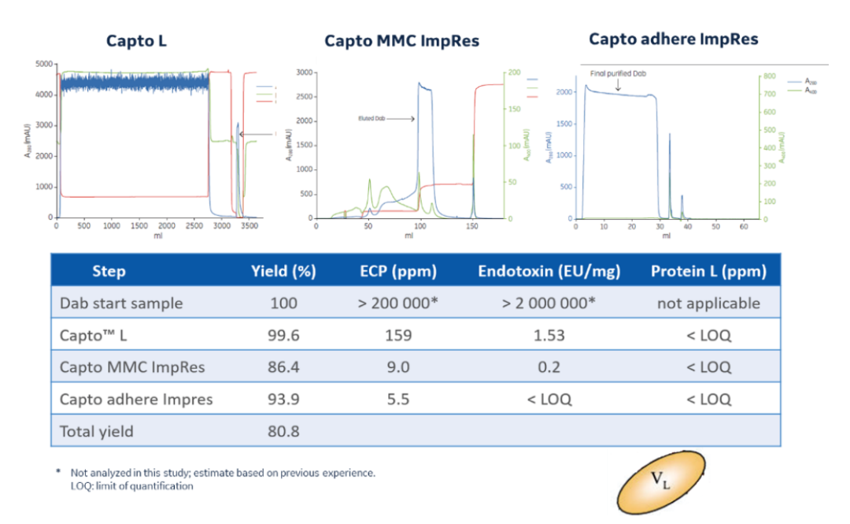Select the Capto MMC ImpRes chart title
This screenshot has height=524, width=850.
click(401, 40)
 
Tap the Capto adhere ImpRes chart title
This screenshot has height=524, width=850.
click(674, 39)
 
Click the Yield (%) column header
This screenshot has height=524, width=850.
click(283, 272)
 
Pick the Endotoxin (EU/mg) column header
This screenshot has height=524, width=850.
click(549, 272)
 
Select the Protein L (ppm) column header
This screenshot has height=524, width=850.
click(708, 272)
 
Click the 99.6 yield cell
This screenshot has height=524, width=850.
click(283, 335)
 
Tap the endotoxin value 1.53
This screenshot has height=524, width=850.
click(549, 335)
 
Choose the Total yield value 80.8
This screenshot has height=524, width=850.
click(283, 431)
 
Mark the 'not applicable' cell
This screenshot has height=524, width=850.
click(708, 303)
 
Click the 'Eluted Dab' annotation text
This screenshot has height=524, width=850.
click(371, 119)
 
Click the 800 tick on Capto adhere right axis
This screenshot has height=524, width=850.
click(769, 76)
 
